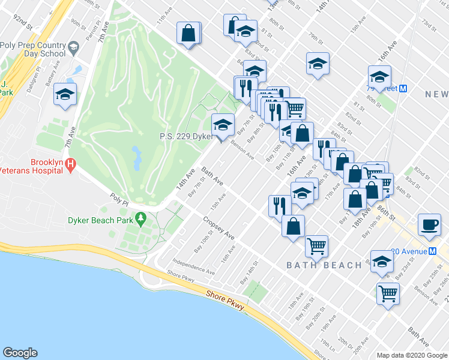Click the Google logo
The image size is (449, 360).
tap(20, 352)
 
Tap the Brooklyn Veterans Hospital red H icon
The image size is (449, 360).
tap(71, 163)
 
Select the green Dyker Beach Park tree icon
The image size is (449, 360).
tap(141, 217)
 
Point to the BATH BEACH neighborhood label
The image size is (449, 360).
tap(324, 265)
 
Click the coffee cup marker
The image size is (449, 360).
tap(429, 224)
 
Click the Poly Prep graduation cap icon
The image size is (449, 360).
tap(73, 47)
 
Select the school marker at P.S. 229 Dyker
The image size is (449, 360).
tap(223, 125)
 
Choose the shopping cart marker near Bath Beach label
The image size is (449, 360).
tap(316, 245)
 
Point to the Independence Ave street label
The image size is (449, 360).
tap(193, 266)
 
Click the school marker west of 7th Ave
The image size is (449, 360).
tap(64, 94)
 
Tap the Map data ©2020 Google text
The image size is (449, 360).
tap(412, 355)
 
